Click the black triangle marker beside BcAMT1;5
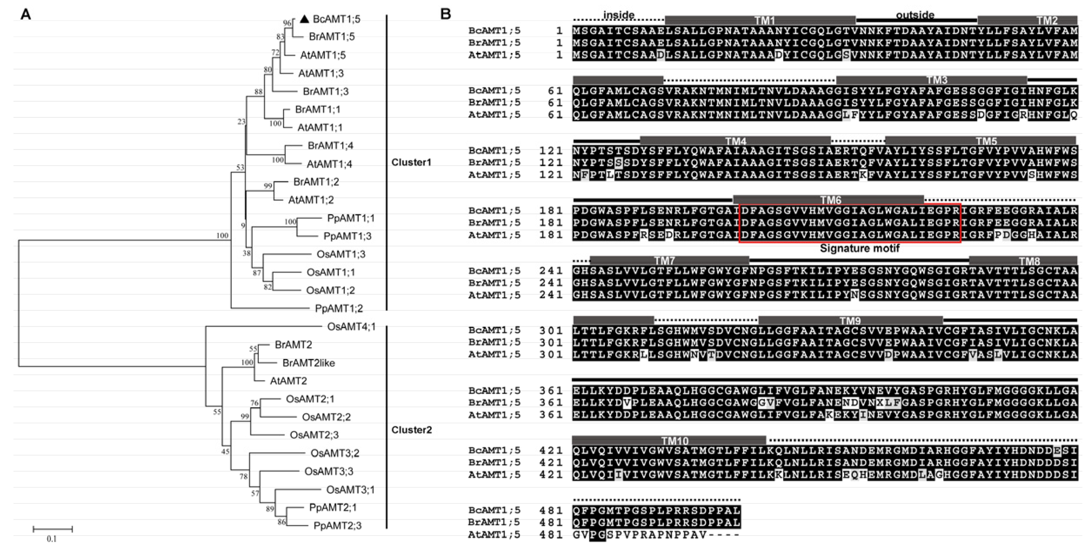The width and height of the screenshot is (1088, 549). pyautogui.click(x=304, y=19)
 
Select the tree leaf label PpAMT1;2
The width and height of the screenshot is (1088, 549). pyautogui.click(x=339, y=309)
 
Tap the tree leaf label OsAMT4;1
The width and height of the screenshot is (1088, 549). pyautogui.click(x=351, y=326)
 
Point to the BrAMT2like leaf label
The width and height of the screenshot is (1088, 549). pyautogui.click(x=308, y=363)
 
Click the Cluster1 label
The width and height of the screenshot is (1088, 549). pyautogui.click(x=411, y=162)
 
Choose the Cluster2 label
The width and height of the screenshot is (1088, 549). pyautogui.click(x=411, y=430)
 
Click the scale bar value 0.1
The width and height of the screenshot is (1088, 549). pyautogui.click(x=52, y=539)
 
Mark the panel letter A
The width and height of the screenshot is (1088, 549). pyautogui.click(x=26, y=15)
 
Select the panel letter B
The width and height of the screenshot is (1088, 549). pyautogui.click(x=445, y=14)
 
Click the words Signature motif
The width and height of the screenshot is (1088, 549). pyautogui.click(x=859, y=249)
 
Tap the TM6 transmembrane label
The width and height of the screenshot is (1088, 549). pyautogui.click(x=831, y=200)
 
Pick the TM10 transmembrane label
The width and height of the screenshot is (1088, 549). pyautogui.click(x=674, y=441)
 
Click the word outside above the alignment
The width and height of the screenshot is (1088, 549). pyautogui.click(x=915, y=15)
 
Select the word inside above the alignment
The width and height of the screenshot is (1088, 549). pyautogui.click(x=618, y=15)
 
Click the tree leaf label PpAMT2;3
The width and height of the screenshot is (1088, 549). pyautogui.click(x=337, y=526)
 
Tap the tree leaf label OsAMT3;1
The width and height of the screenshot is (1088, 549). pyautogui.click(x=350, y=490)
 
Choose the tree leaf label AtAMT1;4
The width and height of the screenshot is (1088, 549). pyautogui.click(x=329, y=164)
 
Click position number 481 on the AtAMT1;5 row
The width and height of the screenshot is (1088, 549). pyautogui.click(x=551, y=535)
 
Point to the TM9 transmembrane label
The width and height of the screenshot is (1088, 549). pyautogui.click(x=850, y=321)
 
